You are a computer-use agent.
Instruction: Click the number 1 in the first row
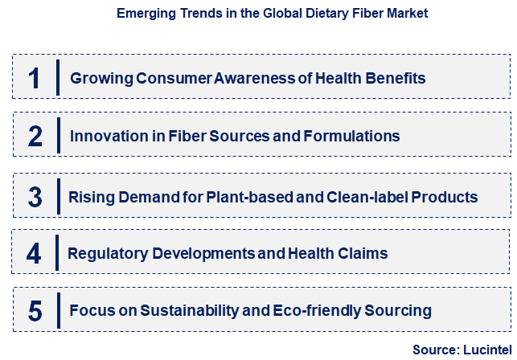click(34, 79)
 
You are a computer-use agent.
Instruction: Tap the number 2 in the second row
click(35, 137)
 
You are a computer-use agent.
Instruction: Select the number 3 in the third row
click(35, 196)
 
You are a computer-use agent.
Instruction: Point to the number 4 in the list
click(34, 254)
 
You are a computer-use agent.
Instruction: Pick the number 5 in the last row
click(34, 310)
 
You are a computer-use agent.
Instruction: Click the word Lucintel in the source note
click(485, 350)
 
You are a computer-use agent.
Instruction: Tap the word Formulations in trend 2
click(351, 137)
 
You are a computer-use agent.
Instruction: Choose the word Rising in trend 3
click(91, 197)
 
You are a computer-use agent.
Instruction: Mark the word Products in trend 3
click(445, 197)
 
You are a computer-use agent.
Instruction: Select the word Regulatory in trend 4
click(105, 254)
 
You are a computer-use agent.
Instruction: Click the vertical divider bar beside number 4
click(58, 254)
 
